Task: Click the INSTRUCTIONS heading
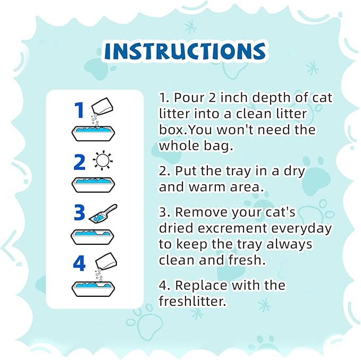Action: click(184, 51)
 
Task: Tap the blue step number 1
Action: click(79, 110)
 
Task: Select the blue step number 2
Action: click(79, 161)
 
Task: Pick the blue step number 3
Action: click(79, 212)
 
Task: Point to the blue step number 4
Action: click(79, 264)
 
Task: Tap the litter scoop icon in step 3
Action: click(105, 212)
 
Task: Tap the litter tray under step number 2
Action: click(94, 183)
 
